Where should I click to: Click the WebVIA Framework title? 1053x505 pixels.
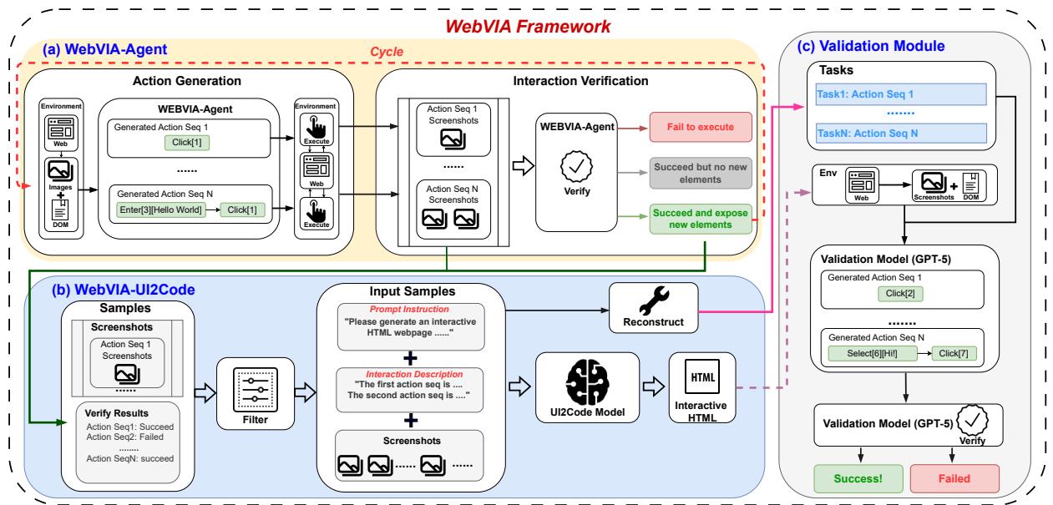527,26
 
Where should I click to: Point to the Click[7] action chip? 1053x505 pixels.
954,353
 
